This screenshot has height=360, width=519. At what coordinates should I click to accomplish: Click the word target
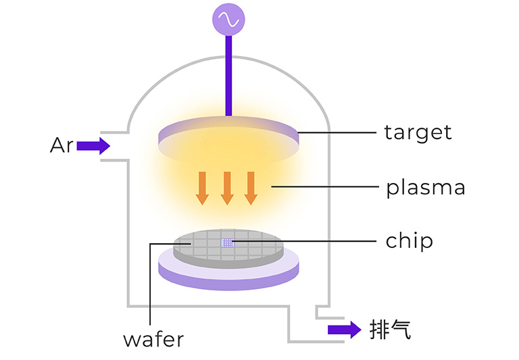click(418, 133)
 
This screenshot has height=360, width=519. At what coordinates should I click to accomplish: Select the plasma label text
click(426, 188)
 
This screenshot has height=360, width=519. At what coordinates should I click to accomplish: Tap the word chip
click(409, 241)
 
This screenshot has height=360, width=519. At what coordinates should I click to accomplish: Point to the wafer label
click(153, 340)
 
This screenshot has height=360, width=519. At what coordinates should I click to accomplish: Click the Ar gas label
click(61, 145)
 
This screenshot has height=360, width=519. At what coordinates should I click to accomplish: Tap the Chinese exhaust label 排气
click(390, 330)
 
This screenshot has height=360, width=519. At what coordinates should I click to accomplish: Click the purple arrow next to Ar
click(93, 146)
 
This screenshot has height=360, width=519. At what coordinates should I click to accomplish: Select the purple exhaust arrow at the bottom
click(344, 330)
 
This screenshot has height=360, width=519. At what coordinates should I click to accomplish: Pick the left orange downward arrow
click(202, 188)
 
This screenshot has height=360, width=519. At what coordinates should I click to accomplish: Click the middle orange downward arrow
click(227, 188)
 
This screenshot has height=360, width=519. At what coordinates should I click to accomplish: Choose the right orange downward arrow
click(251, 188)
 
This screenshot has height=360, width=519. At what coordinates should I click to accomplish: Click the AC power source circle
click(228, 20)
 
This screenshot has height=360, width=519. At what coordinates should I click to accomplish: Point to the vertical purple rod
click(228, 76)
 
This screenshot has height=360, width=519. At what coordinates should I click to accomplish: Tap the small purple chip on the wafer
click(228, 243)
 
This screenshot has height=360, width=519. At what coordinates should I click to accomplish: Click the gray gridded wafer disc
click(228, 248)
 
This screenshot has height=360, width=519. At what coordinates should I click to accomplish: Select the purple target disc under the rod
click(228, 139)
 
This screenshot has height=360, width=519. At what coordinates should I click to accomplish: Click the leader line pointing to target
click(337, 132)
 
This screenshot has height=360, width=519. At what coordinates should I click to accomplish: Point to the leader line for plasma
click(324, 186)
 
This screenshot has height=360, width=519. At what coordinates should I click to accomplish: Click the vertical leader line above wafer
click(150, 284)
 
